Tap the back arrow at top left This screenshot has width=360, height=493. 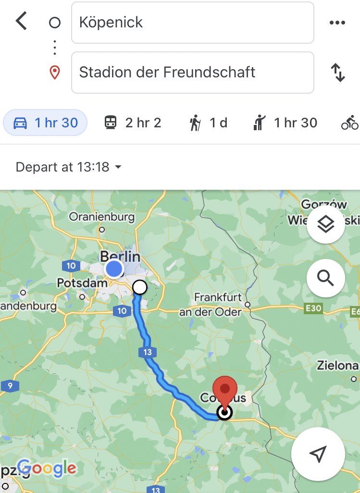click(x=21, y=22)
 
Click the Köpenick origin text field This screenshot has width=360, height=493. click(x=192, y=23)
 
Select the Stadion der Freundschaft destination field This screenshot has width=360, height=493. click(x=192, y=73)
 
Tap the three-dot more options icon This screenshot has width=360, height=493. click(x=337, y=23)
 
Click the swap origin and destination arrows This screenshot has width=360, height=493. click(x=338, y=73)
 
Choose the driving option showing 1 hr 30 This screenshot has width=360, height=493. click(x=46, y=123)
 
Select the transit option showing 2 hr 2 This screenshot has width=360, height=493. click(x=133, y=123)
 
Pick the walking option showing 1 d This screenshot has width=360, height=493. click(x=208, y=123)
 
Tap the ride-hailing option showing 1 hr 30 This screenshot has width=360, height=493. click(x=286, y=123)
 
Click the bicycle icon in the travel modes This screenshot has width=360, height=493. click(x=349, y=123)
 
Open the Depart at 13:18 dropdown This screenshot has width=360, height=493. click(x=68, y=167)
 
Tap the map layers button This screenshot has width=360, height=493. click(x=325, y=224)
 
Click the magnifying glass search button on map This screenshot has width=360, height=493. click(x=325, y=278)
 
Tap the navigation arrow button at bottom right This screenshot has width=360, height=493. click(x=318, y=453)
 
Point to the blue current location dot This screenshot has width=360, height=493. click(x=114, y=269)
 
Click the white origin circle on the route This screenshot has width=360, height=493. click(x=139, y=287)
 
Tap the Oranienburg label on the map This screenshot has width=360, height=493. click(x=102, y=217)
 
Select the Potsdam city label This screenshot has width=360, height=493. click(x=82, y=283)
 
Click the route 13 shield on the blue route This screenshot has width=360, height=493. click(x=147, y=352)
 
